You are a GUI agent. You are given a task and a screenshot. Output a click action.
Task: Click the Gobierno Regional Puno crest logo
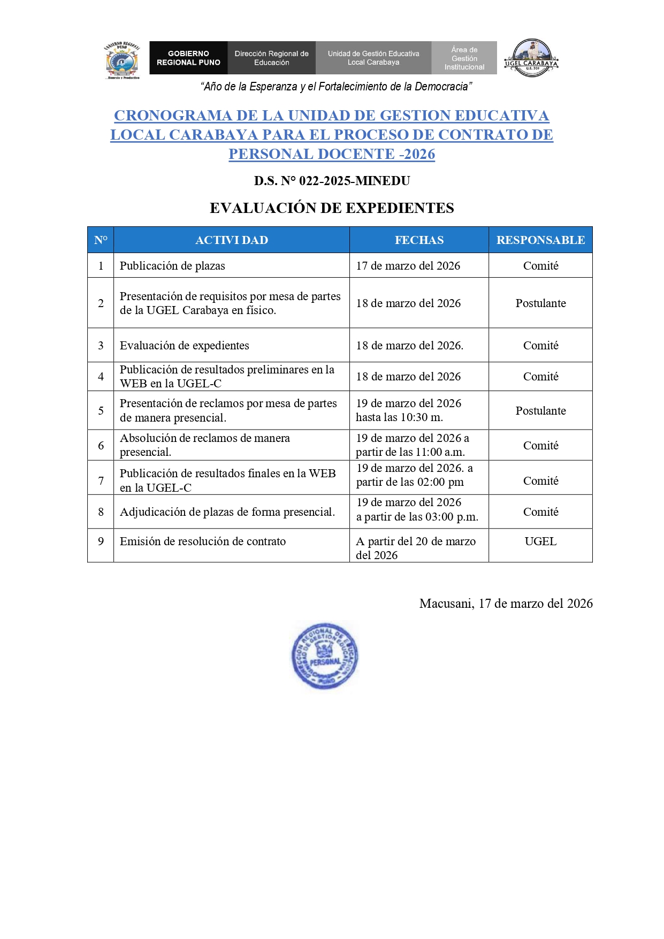tap(123, 60)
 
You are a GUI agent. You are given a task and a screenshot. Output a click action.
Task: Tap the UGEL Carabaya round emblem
tap(531, 58)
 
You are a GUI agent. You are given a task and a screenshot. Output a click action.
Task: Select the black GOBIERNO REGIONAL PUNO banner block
tap(188, 58)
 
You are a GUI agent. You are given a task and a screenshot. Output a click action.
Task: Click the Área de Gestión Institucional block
tap(464, 58)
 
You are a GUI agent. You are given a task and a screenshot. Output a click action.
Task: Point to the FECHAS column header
tap(419, 240)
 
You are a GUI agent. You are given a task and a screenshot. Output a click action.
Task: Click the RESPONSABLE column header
tap(540, 240)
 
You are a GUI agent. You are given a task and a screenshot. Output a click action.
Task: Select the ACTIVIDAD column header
tap(232, 240)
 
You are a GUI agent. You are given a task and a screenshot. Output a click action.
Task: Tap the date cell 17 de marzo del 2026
tap(408, 266)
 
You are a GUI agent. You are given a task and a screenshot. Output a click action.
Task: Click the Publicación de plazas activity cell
tap(172, 266)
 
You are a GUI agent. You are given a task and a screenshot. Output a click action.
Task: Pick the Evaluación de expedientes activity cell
tap(185, 346)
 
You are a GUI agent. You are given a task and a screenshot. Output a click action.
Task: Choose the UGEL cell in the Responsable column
tap(540, 541)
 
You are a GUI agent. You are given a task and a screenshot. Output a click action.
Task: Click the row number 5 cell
tap(101, 411)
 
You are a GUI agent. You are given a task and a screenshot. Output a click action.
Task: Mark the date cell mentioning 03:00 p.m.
tap(417, 510)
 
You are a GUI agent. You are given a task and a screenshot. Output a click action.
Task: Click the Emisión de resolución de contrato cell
tap(203, 541)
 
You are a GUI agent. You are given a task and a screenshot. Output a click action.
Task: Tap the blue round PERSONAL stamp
tap(325, 655)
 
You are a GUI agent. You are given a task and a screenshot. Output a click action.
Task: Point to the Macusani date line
tap(506, 604)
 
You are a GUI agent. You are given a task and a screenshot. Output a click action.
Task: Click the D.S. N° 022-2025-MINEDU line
tap(332, 181)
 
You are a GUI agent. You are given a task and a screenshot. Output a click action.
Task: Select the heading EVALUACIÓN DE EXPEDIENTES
tap(332, 208)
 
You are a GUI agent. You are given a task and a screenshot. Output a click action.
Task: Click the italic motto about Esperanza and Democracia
tap(336, 87)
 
